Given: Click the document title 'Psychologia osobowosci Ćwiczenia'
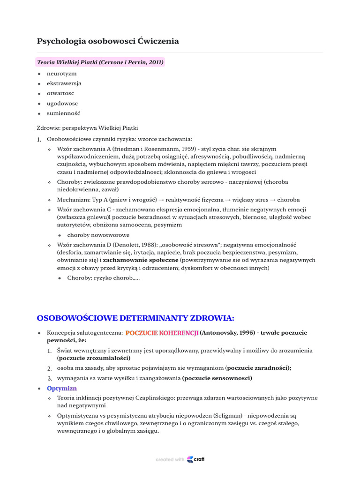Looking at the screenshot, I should (x=108, y=41).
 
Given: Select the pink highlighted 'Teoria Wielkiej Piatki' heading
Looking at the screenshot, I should (x=100, y=62).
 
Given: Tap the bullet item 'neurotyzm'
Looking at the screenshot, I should (x=61, y=74).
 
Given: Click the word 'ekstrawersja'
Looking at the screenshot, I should (x=64, y=83).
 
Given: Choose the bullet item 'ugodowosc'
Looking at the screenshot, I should (x=62, y=103).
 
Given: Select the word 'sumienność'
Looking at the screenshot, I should (x=63, y=113).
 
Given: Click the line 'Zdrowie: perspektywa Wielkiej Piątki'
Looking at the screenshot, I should (x=87, y=127).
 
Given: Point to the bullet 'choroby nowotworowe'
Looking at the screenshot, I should (x=98, y=235).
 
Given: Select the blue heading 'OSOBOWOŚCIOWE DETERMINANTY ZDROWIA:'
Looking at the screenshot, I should (x=135, y=318).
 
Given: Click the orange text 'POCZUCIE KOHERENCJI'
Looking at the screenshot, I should (x=162, y=333).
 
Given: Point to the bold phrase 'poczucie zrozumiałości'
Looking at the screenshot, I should (x=94, y=358).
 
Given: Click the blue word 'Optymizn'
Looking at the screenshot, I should (x=62, y=388).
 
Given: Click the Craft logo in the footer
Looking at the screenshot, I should (x=195, y=459).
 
